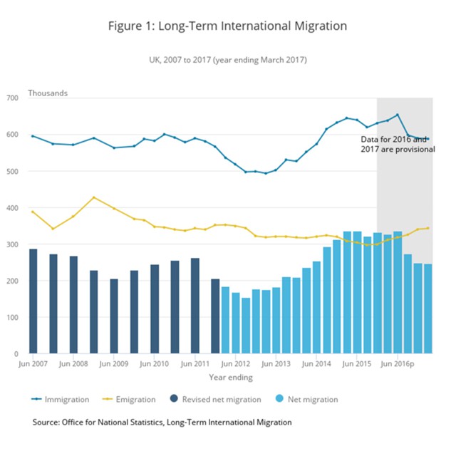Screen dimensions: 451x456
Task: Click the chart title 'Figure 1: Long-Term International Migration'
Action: [227, 26]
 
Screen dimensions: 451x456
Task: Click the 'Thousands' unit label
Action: [48, 93]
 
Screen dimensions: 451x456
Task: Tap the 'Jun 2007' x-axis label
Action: [33, 363]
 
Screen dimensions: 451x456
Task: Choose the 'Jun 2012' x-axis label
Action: [235, 363]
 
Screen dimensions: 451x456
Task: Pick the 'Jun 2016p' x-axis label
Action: [400, 363]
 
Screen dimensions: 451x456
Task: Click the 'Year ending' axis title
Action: [229, 377]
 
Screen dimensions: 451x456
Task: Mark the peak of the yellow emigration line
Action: [93, 197]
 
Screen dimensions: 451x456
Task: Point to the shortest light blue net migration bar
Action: [245, 325]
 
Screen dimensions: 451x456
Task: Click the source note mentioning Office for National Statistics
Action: [162, 423]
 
